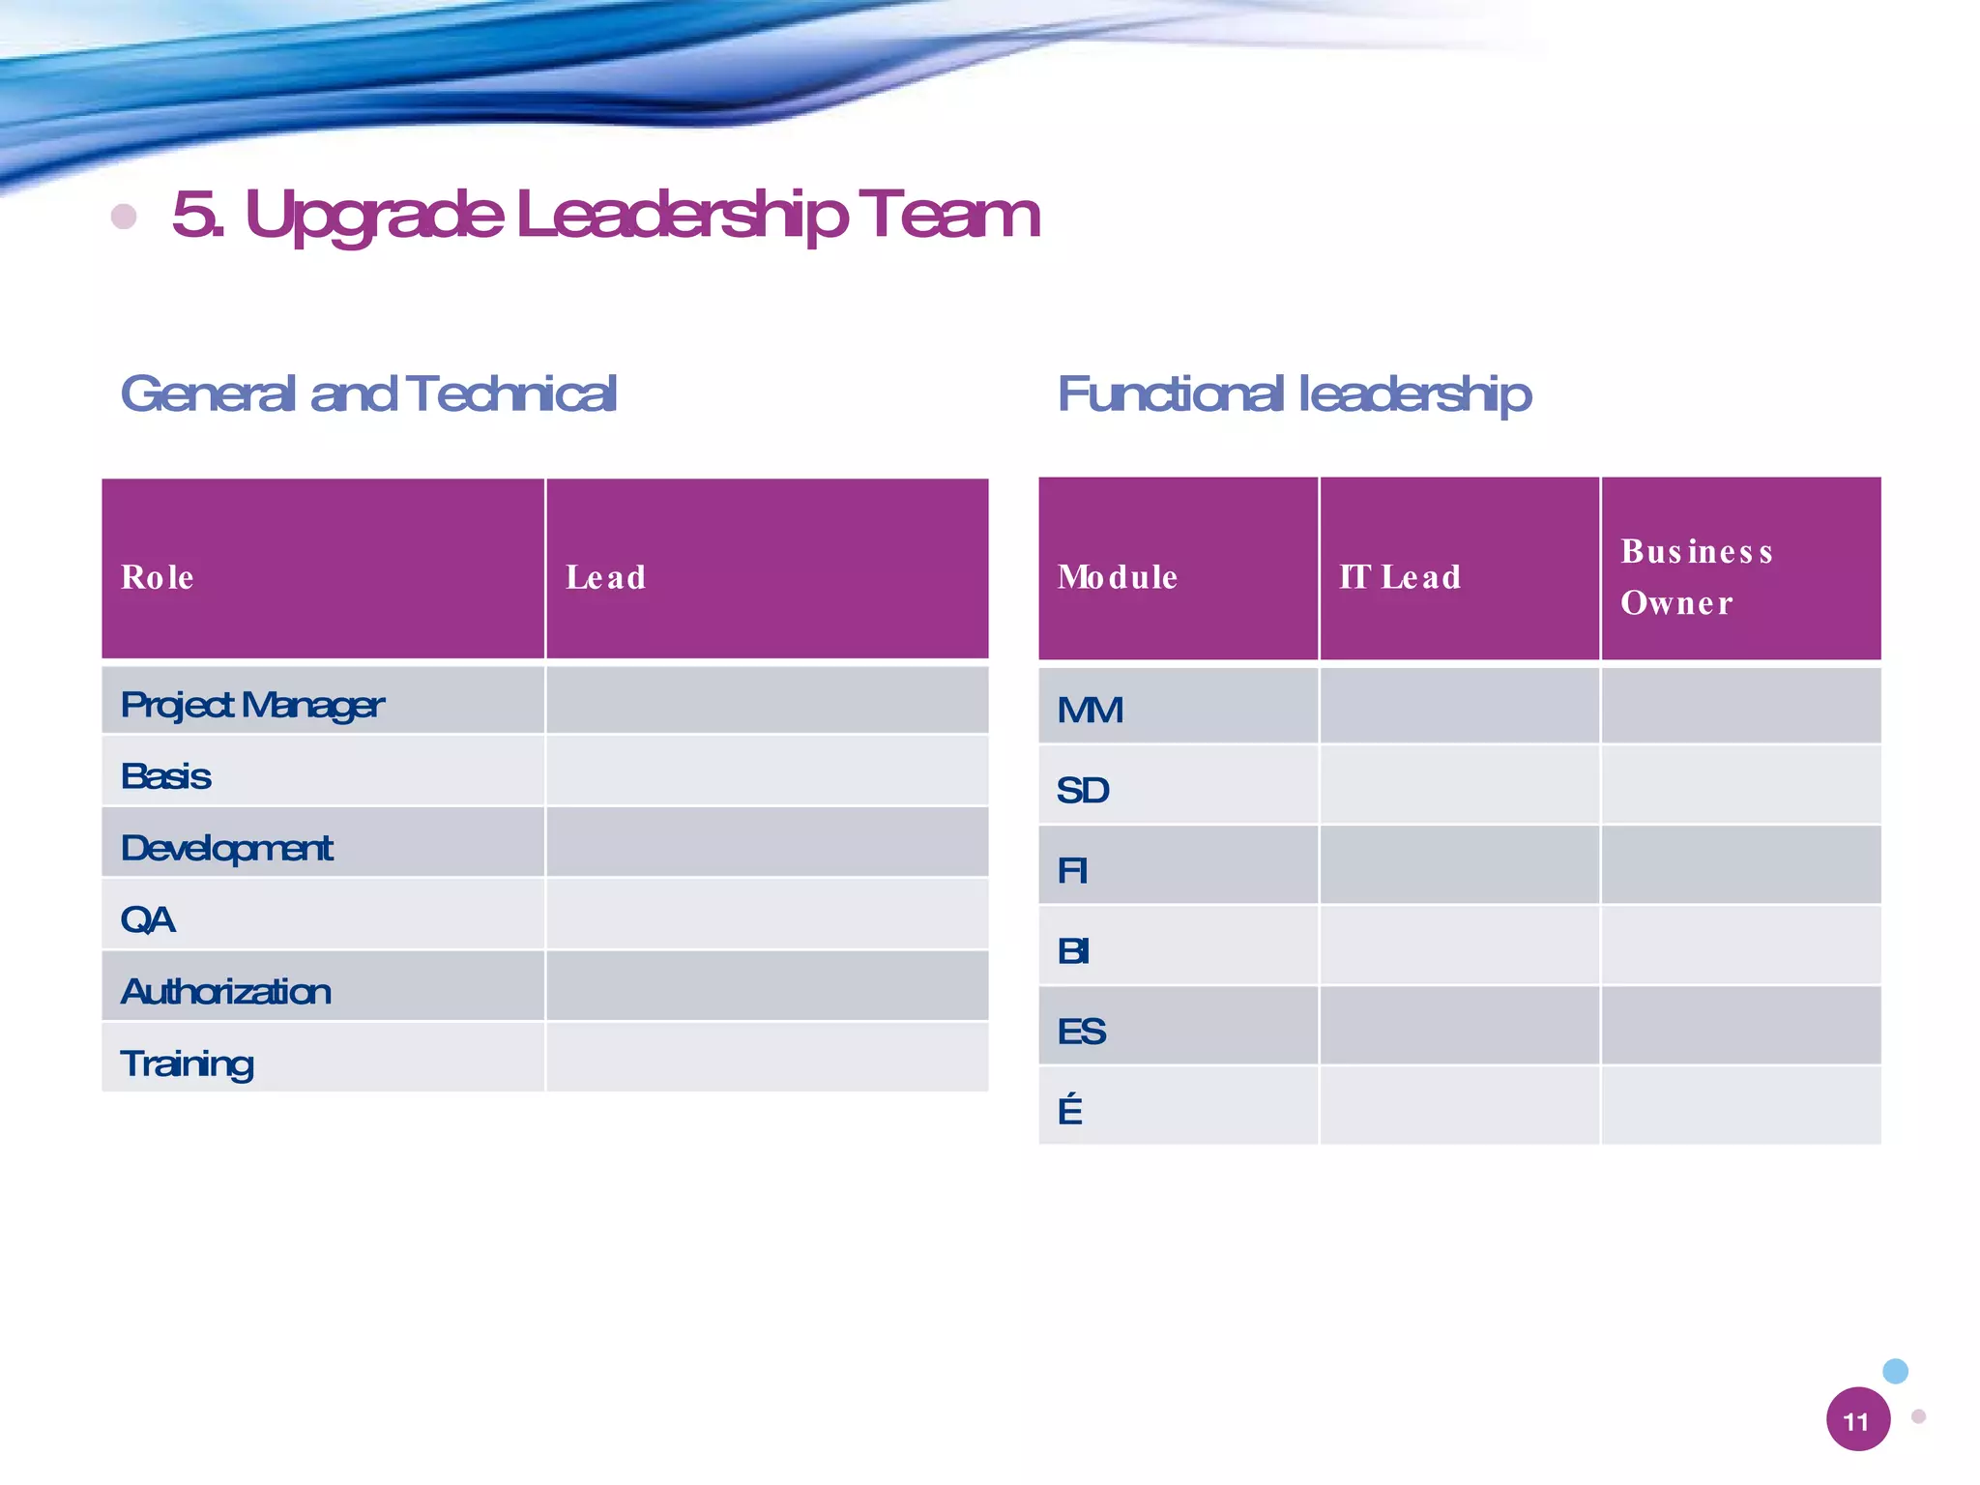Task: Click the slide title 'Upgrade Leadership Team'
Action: (x=605, y=214)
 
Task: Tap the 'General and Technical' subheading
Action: (x=368, y=393)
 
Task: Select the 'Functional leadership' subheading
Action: (x=1294, y=394)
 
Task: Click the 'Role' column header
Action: (x=158, y=577)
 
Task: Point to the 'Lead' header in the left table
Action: (x=605, y=577)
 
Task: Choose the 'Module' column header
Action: (x=1117, y=577)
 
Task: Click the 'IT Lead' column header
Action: (x=1399, y=577)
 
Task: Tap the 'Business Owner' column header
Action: (x=1696, y=576)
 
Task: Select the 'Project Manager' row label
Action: (x=252, y=705)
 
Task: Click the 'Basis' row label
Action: (x=166, y=776)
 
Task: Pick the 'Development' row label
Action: (x=226, y=848)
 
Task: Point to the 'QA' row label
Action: (x=148, y=919)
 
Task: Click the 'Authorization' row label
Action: (x=226, y=991)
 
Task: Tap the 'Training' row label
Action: (x=188, y=1063)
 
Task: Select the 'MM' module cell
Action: (x=1090, y=711)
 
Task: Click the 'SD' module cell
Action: (x=1083, y=791)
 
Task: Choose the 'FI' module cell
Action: (x=1072, y=871)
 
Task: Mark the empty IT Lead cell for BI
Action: (x=1459, y=946)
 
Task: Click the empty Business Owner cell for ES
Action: (x=1740, y=1026)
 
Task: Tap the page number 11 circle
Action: (x=1857, y=1419)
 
